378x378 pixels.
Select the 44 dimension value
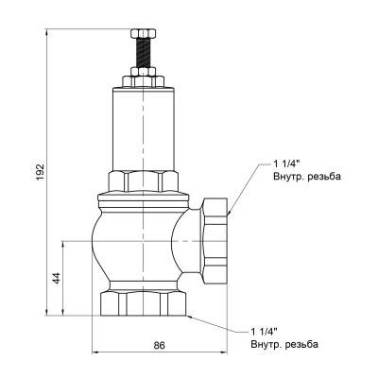[x=56, y=278]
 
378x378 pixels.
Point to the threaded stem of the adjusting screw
[x=143, y=56]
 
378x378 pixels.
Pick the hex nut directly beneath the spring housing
[x=143, y=180]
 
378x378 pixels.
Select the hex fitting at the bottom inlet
[x=143, y=304]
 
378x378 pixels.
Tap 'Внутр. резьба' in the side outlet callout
[x=304, y=177]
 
